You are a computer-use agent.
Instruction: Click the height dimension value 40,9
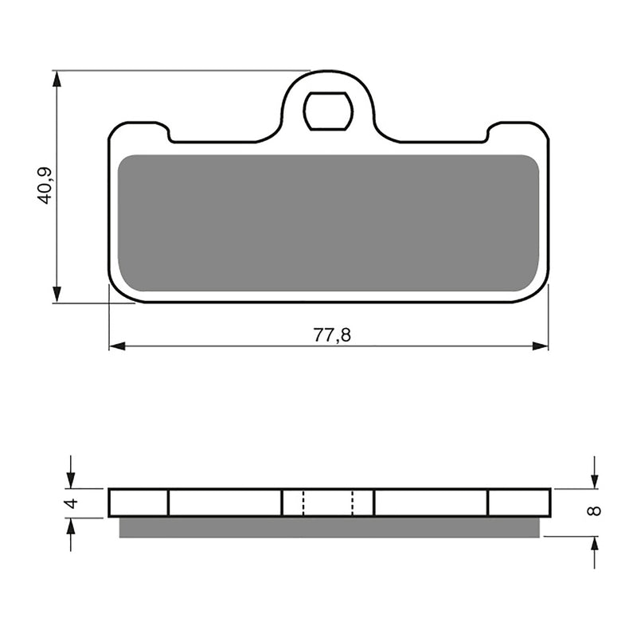coord(45,185)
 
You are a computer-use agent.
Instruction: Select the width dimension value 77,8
coord(331,335)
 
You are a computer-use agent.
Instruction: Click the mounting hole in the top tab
coord(327,111)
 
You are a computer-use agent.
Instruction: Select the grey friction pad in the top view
coord(328,223)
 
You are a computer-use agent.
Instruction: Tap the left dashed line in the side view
coord(303,502)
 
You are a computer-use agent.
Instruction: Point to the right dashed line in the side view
coord(353,502)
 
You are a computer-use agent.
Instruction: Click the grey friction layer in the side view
coord(328,527)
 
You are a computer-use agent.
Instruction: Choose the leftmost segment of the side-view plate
coord(139,502)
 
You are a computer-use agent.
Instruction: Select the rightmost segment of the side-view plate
coord(518,502)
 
